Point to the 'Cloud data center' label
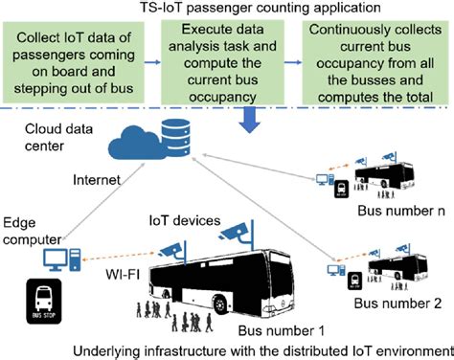tap(39, 144)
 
